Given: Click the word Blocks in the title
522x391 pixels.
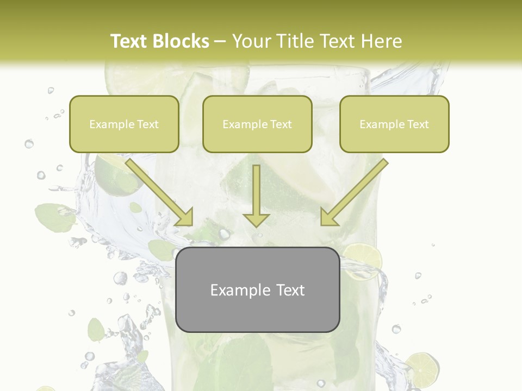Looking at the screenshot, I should (x=182, y=41).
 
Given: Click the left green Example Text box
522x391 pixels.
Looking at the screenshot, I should (x=124, y=124).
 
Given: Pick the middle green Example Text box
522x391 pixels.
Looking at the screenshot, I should (x=257, y=124).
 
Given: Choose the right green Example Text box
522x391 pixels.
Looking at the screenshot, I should (x=394, y=124).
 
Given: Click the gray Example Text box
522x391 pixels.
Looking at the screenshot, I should (x=258, y=289).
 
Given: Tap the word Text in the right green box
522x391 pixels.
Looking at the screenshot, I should (x=418, y=124).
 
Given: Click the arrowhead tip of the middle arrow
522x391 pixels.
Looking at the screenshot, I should (x=256, y=225).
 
